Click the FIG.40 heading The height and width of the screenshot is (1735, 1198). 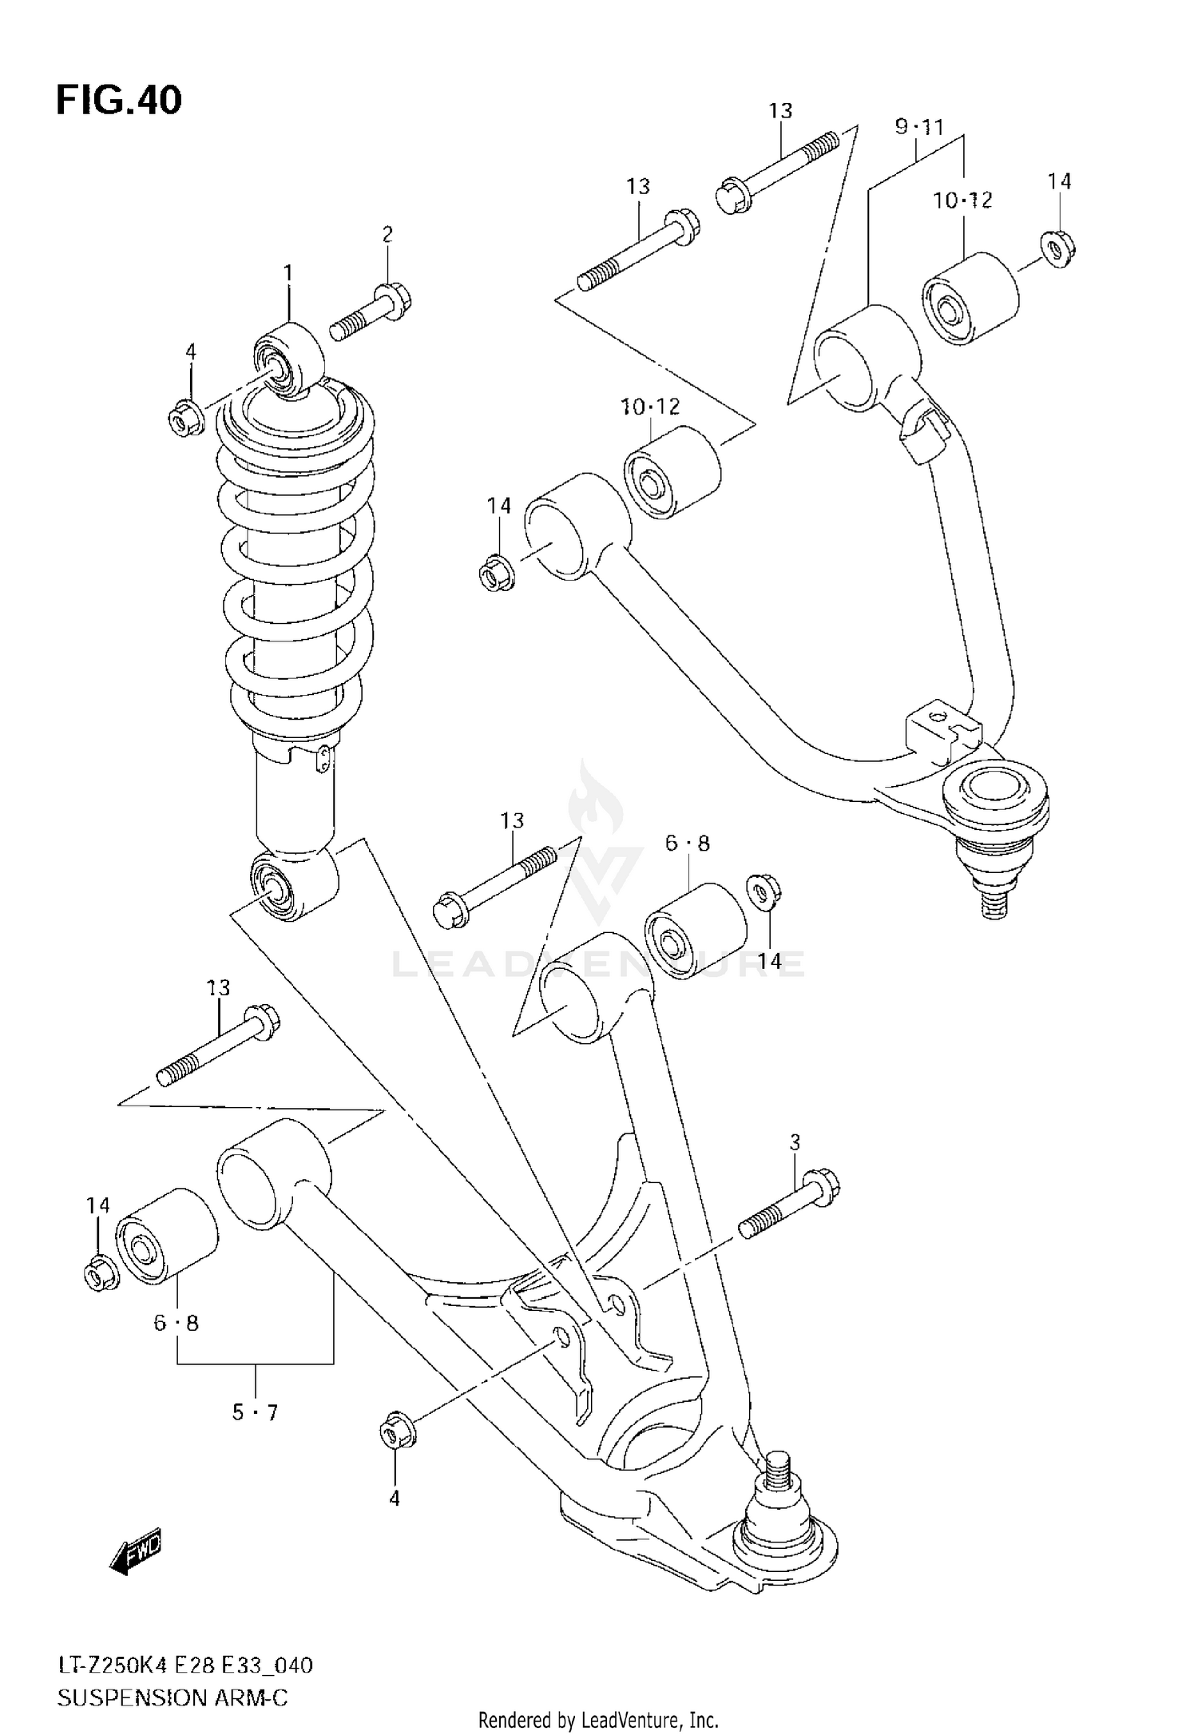[x=119, y=101]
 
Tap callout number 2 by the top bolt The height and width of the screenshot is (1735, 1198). [x=387, y=234]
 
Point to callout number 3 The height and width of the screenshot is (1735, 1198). [x=795, y=1143]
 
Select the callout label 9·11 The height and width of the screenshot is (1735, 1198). [x=919, y=126]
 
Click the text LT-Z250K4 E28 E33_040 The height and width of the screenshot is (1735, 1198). [x=184, y=1659]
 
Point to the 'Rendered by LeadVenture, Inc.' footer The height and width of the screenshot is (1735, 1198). [x=599, y=1719]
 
